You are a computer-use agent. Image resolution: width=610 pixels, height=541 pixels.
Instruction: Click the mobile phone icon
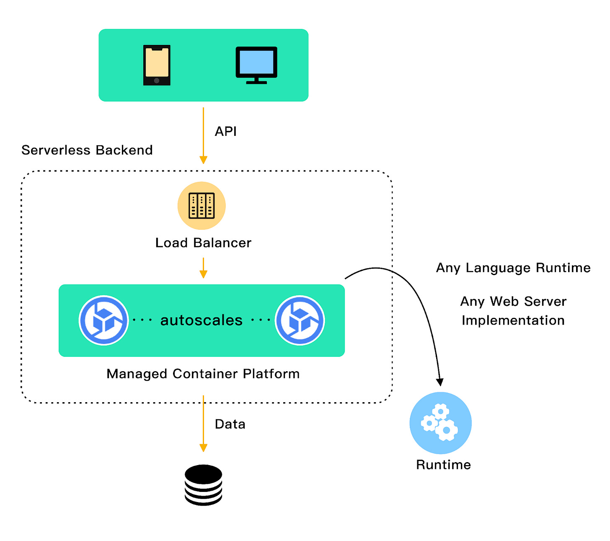[x=157, y=65]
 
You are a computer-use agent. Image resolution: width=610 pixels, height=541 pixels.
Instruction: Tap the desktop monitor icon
[x=256, y=65]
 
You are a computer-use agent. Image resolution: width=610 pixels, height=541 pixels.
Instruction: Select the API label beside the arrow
[x=226, y=131]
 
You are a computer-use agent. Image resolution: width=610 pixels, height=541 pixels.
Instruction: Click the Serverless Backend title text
[x=87, y=150]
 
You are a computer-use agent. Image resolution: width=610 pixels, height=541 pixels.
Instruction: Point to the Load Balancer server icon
[x=202, y=205]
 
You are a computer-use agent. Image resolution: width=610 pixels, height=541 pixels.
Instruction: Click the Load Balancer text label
[x=203, y=243]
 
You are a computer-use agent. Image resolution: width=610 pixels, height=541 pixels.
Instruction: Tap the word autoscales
[x=202, y=320]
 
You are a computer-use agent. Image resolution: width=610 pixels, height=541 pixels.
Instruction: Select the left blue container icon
[x=104, y=320]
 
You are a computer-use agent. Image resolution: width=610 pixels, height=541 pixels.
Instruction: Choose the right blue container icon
[x=300, y=320]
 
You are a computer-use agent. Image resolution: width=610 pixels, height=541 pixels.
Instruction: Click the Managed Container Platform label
[x=203, y=374]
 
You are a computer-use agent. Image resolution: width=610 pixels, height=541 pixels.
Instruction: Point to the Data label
[x=230, y=424]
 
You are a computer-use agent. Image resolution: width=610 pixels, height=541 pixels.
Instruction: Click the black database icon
[x=203, y=485]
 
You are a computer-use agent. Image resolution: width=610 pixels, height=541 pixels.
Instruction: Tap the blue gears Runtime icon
[x=441, y=423]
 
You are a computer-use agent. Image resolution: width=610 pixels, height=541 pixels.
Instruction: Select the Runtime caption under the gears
[x=443, y=465]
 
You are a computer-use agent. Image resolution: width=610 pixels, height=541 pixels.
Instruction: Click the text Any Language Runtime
[x=513, y=268]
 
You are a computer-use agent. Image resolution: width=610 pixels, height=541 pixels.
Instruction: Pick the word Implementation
[x=513, y=320]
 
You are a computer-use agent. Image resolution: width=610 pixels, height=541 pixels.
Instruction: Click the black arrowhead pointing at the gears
[x=439, y=382]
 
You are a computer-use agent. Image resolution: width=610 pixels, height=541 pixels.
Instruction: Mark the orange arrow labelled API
[x=203, y=134]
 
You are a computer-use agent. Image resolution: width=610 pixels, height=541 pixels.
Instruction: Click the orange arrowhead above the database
[x=203, y=447]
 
